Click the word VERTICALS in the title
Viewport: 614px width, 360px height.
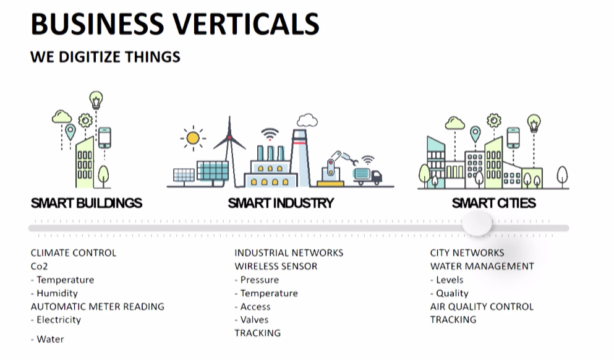click(246, 24)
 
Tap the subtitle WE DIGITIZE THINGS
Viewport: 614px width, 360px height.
click(105, 57)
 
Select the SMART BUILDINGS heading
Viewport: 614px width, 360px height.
click(87, 203)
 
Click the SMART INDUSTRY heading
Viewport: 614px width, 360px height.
click(281, 203)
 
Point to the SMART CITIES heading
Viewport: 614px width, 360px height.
click(494, 203)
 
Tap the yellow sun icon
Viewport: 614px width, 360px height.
click(193, 138)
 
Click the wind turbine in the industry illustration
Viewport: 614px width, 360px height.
click(230, 151)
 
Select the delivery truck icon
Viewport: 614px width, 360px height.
click(367, 176)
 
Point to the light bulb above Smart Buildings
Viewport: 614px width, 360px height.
click(96, 100)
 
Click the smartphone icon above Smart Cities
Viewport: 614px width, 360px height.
click(513, 137)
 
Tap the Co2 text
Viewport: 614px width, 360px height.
click(39, 267)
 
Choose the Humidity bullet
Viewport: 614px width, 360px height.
click(54, 293)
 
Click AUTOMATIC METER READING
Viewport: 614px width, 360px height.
click(98, 306)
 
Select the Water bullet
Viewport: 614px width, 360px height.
click(48, 339)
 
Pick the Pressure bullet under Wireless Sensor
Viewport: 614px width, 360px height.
click(257, 280)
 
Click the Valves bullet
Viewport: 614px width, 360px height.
click(252, 320)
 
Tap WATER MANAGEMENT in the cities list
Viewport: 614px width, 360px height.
click(482, 267)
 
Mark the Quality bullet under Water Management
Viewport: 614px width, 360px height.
click(450, 293)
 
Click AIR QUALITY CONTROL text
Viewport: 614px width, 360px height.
click(482, 306)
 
